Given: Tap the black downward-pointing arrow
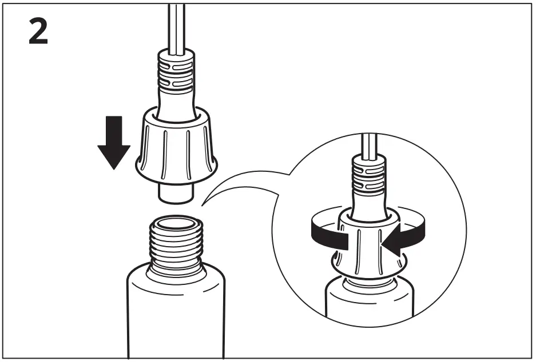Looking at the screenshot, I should tap(114, 142).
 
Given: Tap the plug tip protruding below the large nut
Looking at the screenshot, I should tap(176, 191).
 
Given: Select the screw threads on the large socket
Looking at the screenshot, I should tap(176, 243).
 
